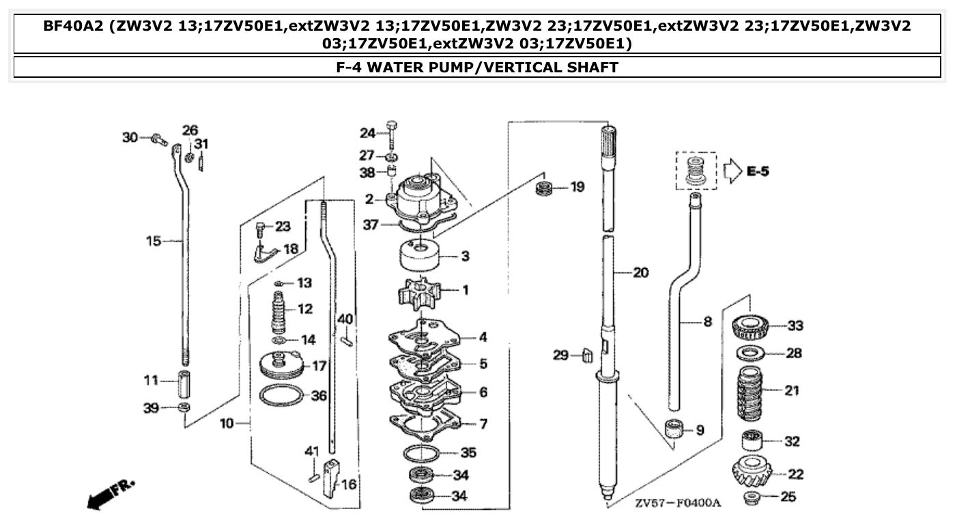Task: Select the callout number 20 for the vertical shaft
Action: coord(640,273)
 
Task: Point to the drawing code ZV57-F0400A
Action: coord(677,504)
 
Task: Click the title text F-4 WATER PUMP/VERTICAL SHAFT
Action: coord(477,68)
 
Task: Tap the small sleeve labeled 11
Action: coord(182,385)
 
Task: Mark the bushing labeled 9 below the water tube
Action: coord(675,431)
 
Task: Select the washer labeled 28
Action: coord(752,353)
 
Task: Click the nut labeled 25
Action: coord(753,496)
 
